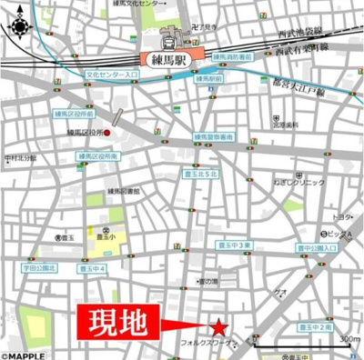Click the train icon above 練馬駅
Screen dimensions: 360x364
point(168,39)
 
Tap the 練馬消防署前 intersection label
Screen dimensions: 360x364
point(234,57)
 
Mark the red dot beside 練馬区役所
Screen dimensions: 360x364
point(106,135)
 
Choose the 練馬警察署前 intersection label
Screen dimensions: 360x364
point(213,136)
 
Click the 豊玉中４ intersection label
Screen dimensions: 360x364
point(90,269)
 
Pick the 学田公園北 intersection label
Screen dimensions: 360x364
point(40,269)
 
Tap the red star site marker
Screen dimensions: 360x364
point(219,326)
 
